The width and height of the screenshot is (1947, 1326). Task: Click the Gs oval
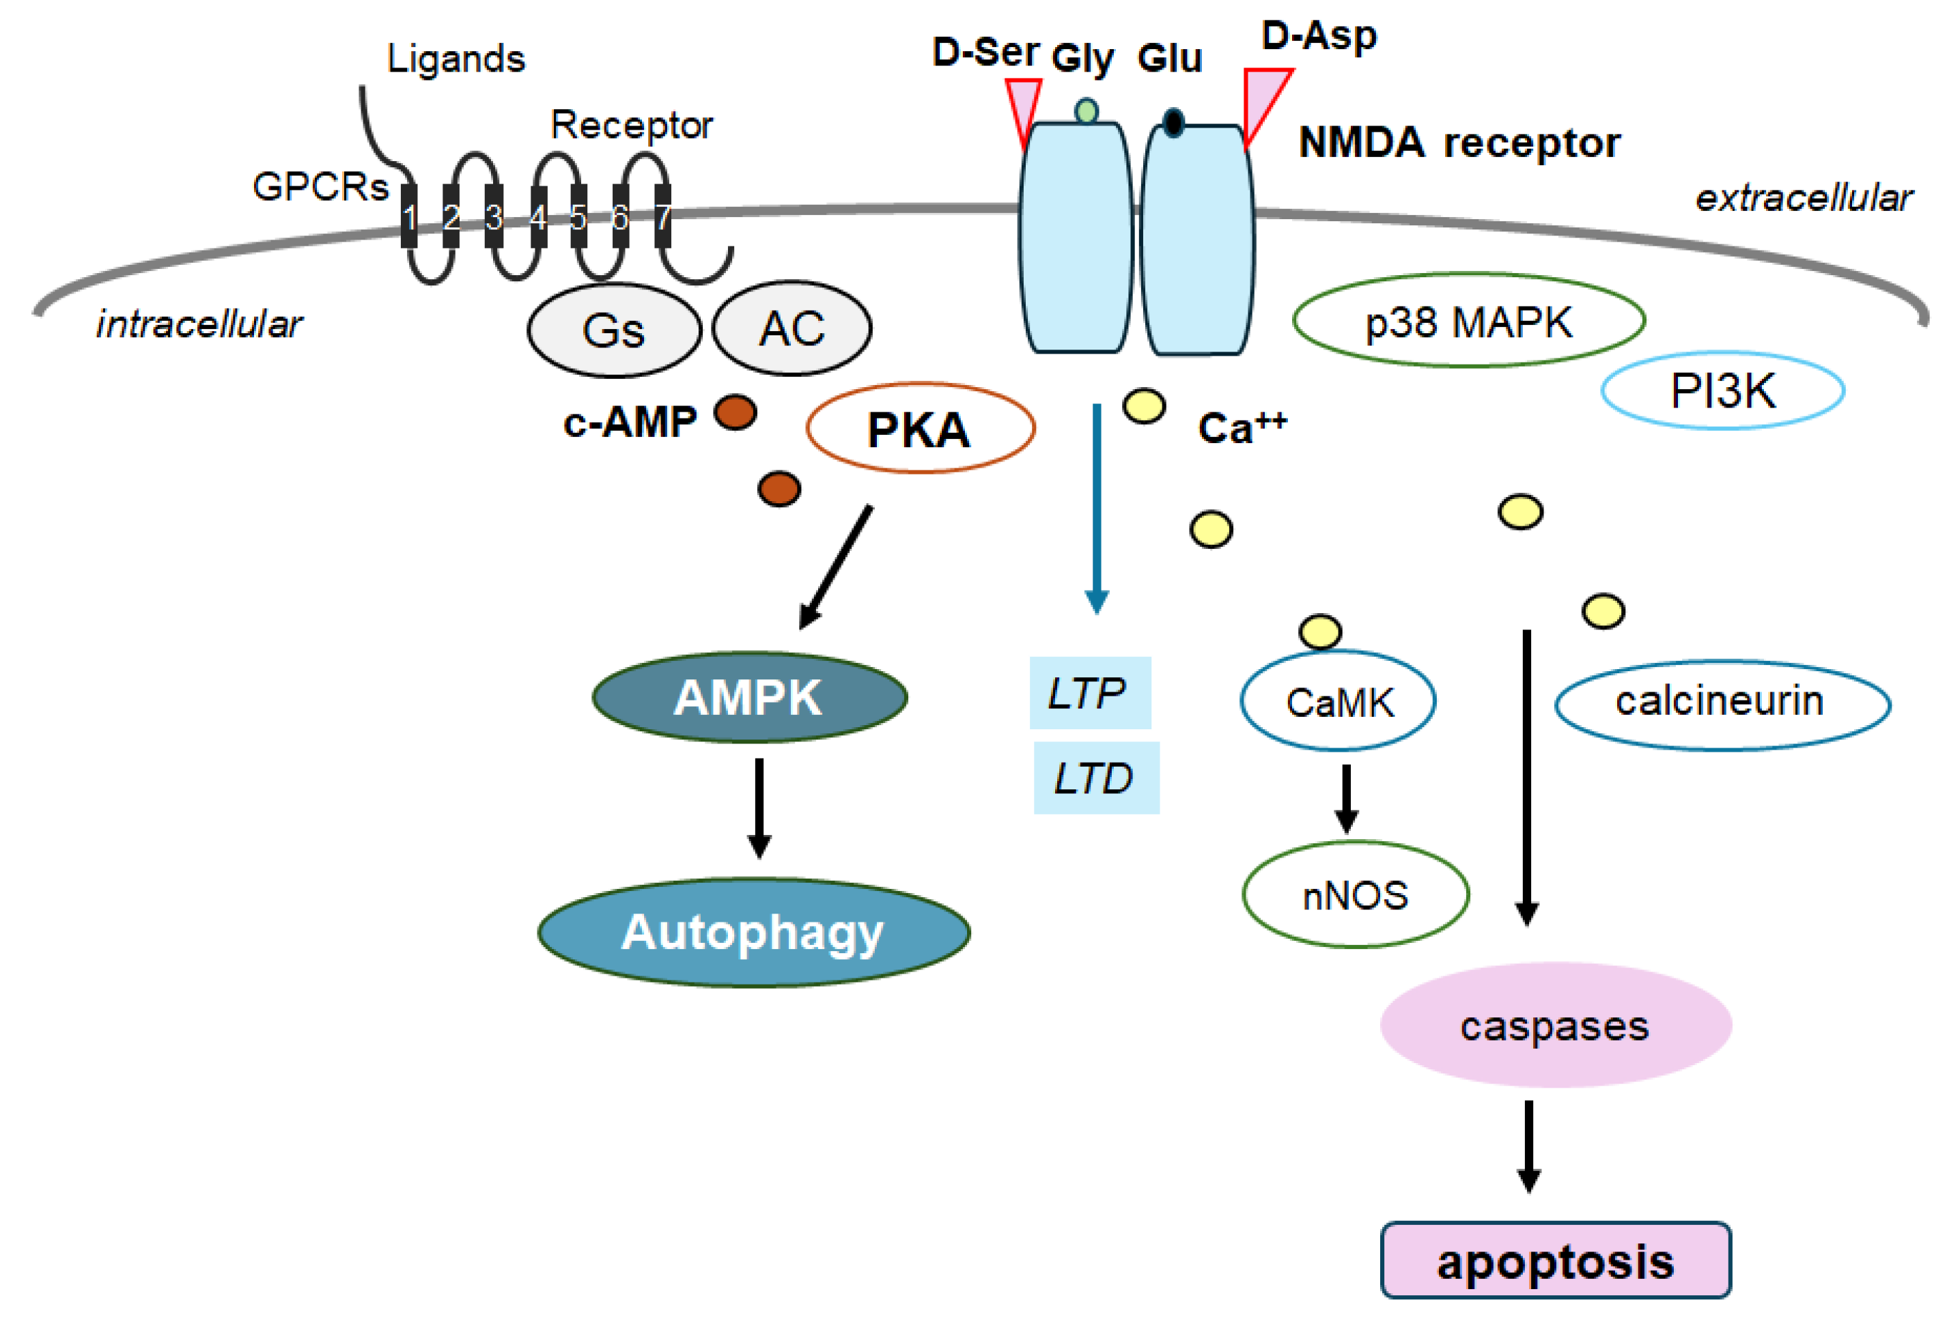coord(613,329)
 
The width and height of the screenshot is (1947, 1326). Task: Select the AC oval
coord(791,328)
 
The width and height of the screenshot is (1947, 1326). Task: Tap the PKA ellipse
coord(920,428)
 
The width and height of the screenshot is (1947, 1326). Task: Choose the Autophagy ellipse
coord(753,931)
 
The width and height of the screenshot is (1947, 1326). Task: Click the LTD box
coord(1096,777)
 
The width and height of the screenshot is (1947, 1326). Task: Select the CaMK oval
coord(1338,701)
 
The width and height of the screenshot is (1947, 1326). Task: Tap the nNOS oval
coord(1355,894)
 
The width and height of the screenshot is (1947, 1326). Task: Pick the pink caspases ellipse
coord(1555,1024)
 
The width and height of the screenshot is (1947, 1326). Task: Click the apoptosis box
coord(1555,1260)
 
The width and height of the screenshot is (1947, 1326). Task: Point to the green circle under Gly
coord(1086,111)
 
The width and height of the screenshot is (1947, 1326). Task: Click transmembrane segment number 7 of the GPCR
coord(662,216)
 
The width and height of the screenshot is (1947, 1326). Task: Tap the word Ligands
coord(456,59)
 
